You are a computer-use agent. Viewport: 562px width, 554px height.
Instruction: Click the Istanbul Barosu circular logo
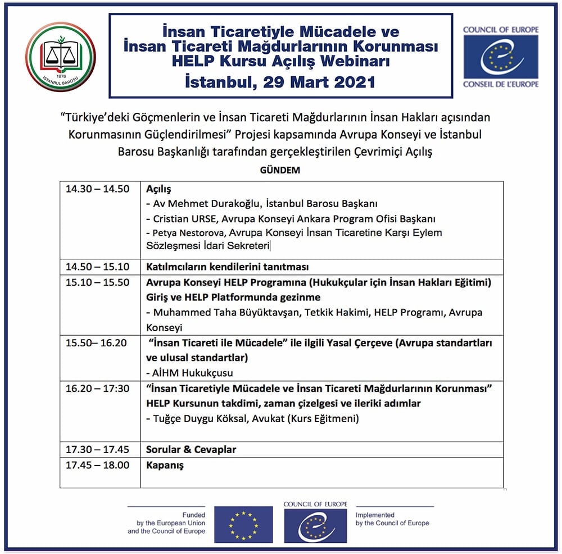point(61,57)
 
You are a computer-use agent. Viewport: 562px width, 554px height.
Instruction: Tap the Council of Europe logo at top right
point(501,57)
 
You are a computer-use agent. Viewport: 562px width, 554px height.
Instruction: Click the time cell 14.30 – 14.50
point(97,189)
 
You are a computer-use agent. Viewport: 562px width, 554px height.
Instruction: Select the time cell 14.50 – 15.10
point(97,267)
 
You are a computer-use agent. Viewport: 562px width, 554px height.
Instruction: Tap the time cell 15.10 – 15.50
point(97,282)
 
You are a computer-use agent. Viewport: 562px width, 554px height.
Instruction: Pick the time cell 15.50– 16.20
point(96,343)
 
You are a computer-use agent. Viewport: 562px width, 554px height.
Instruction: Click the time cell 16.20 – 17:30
point(97,388)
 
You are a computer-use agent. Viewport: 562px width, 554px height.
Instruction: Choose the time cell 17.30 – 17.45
point(97,450)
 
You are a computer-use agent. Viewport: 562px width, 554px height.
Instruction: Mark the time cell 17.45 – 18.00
point(97,465)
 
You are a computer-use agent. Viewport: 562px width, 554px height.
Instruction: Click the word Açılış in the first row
point(158,189)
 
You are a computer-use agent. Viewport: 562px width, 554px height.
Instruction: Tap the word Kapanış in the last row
point(165,465)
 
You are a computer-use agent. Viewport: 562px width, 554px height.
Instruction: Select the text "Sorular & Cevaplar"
point(191,450)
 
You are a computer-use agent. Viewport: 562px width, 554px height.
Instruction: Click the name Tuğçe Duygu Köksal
point(198,418)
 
